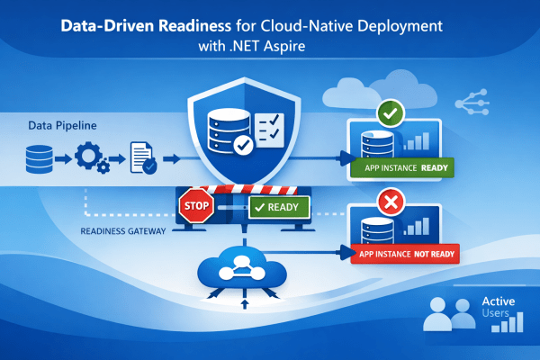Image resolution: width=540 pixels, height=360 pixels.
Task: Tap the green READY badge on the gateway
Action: pyautogui.click(x=277, y=208)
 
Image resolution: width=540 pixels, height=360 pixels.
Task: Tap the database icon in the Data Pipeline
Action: pyautogui.click(x=38, y=160)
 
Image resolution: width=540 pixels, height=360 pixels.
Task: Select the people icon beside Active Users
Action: pyautogui.click(x=448, y=314)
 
